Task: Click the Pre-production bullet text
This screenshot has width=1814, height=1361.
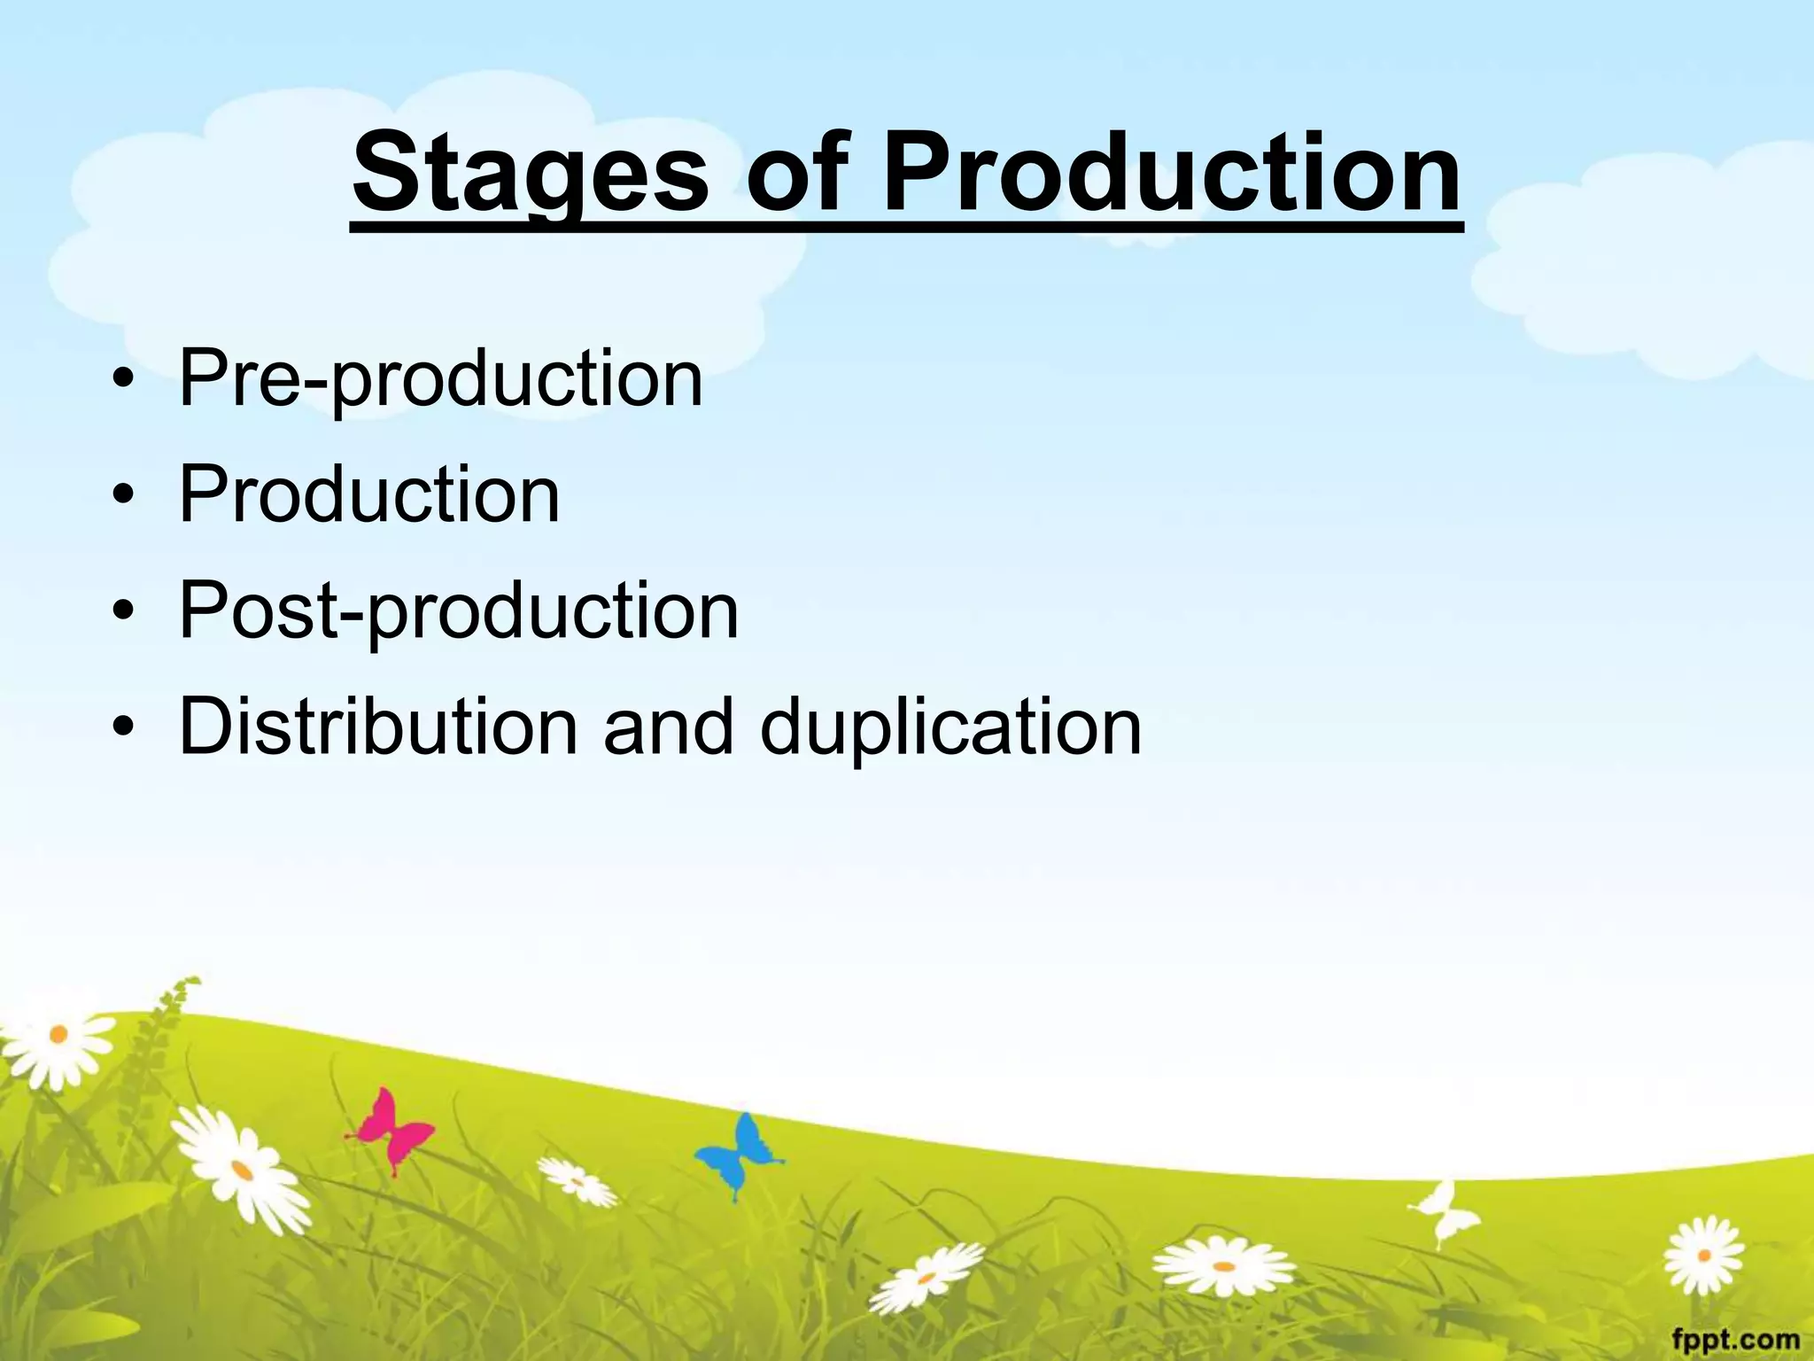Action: pyautogui.click(x=440, y=379)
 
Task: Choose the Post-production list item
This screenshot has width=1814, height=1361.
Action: pyautogui.click(x=458, y=611)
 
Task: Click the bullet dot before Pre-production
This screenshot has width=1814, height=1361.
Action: pyautogui.click(x=125, y=381)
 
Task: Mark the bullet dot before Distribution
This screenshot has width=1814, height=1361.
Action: pyautogui.click(x=125, y=728)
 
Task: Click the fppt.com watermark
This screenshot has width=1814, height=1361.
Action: pyautogui.click(x=1735, y=1339)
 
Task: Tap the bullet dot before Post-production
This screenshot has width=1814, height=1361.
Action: pyautogui.click(x=125, y=612)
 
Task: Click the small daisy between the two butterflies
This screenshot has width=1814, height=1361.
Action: pyautogui.click(x=577, y=1182)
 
